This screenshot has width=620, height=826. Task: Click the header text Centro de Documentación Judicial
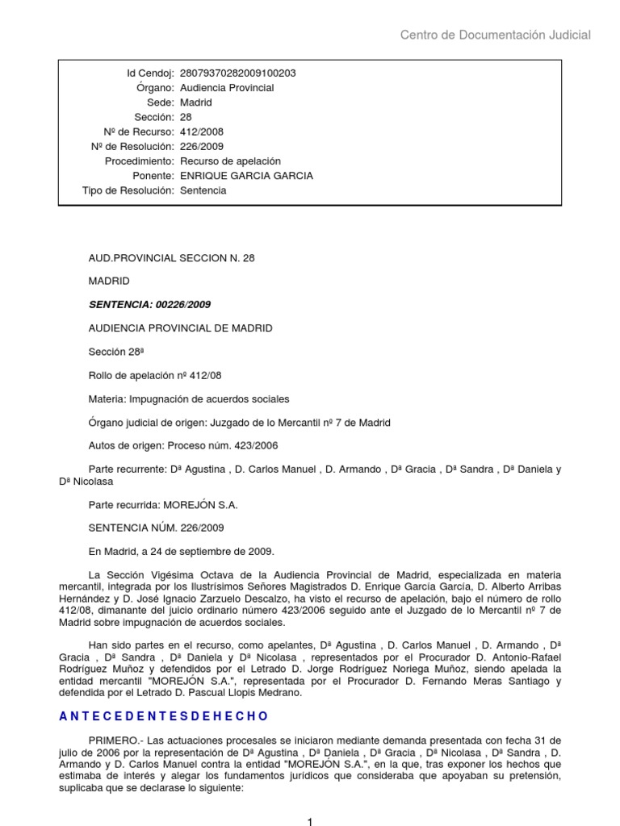coord(496,35)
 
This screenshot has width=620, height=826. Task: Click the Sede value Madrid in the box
coord(195,102)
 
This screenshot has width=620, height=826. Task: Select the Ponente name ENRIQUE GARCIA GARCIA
coord(246,176)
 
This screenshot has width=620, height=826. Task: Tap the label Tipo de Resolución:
coord(128,190)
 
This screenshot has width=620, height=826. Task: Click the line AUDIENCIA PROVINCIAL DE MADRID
coord(180,328)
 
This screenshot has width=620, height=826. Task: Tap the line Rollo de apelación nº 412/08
coord(153,376)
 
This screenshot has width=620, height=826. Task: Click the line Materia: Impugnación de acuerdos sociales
coord(188,399)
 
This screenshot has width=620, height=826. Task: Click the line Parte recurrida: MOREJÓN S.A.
coord(163,505)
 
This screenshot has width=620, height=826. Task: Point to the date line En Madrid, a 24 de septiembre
coord(182,552)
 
